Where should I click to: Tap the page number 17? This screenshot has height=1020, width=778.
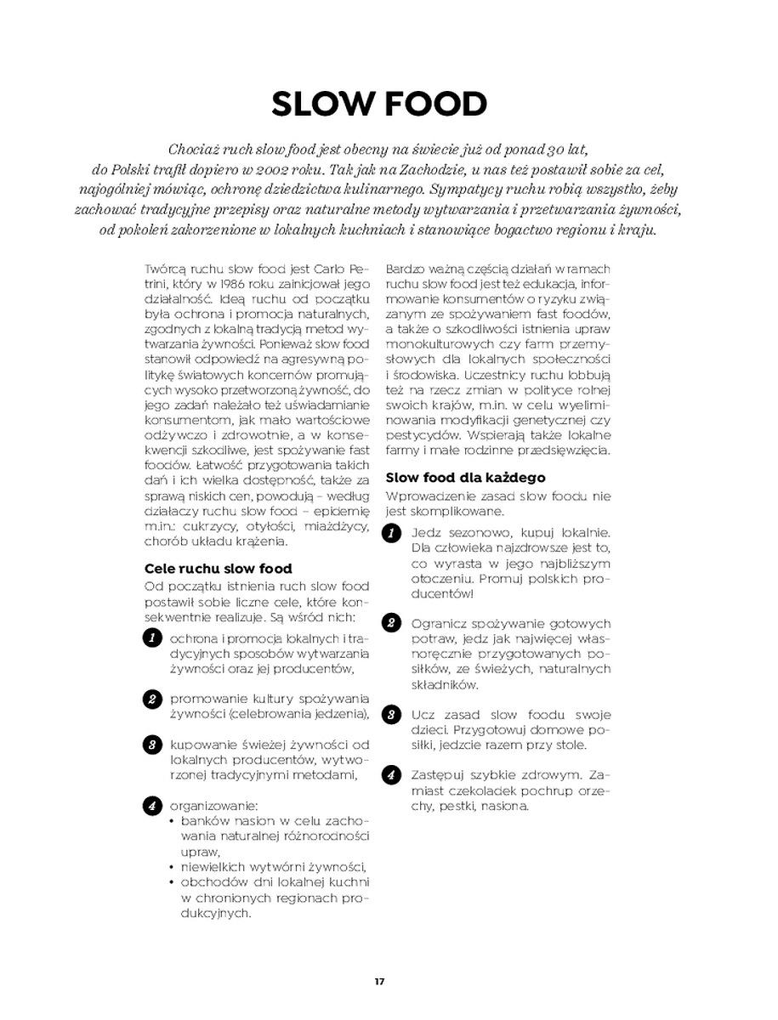379,982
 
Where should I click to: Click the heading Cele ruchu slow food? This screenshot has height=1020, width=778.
219,569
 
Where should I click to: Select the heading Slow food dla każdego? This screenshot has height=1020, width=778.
465,478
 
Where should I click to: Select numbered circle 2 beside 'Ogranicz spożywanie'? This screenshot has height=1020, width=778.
391,623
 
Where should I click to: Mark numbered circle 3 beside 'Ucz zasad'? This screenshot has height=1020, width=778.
391,714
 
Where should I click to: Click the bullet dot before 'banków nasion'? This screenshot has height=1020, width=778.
173,821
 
